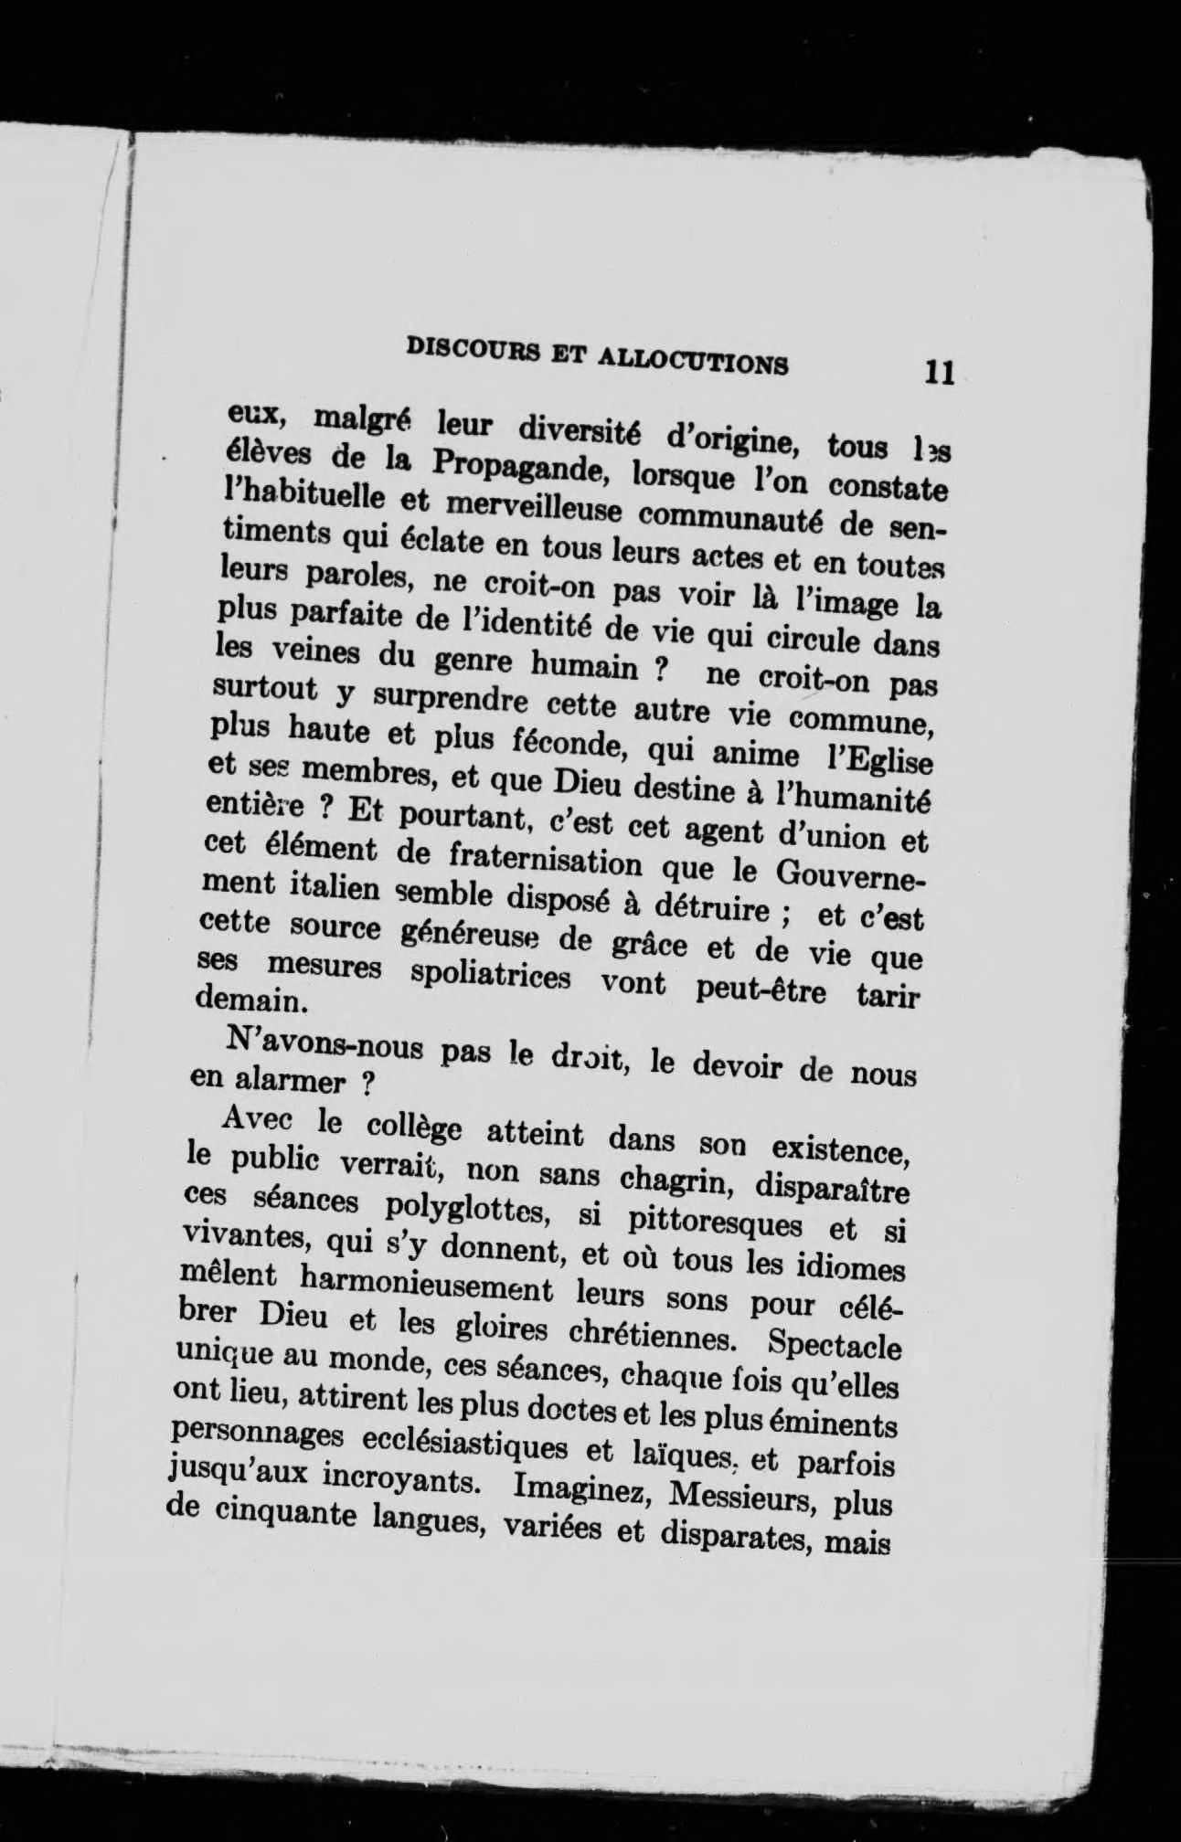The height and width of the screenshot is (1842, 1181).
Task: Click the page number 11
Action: pyautogui.click(x=939, y=374)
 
